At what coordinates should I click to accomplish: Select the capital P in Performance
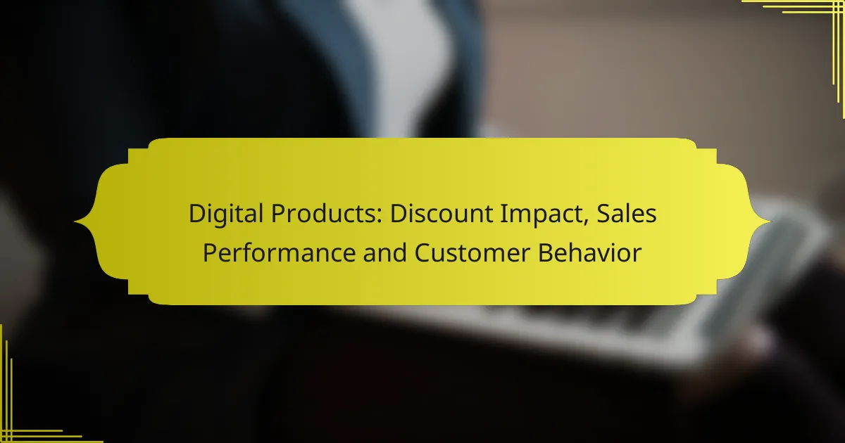[209, 252]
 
